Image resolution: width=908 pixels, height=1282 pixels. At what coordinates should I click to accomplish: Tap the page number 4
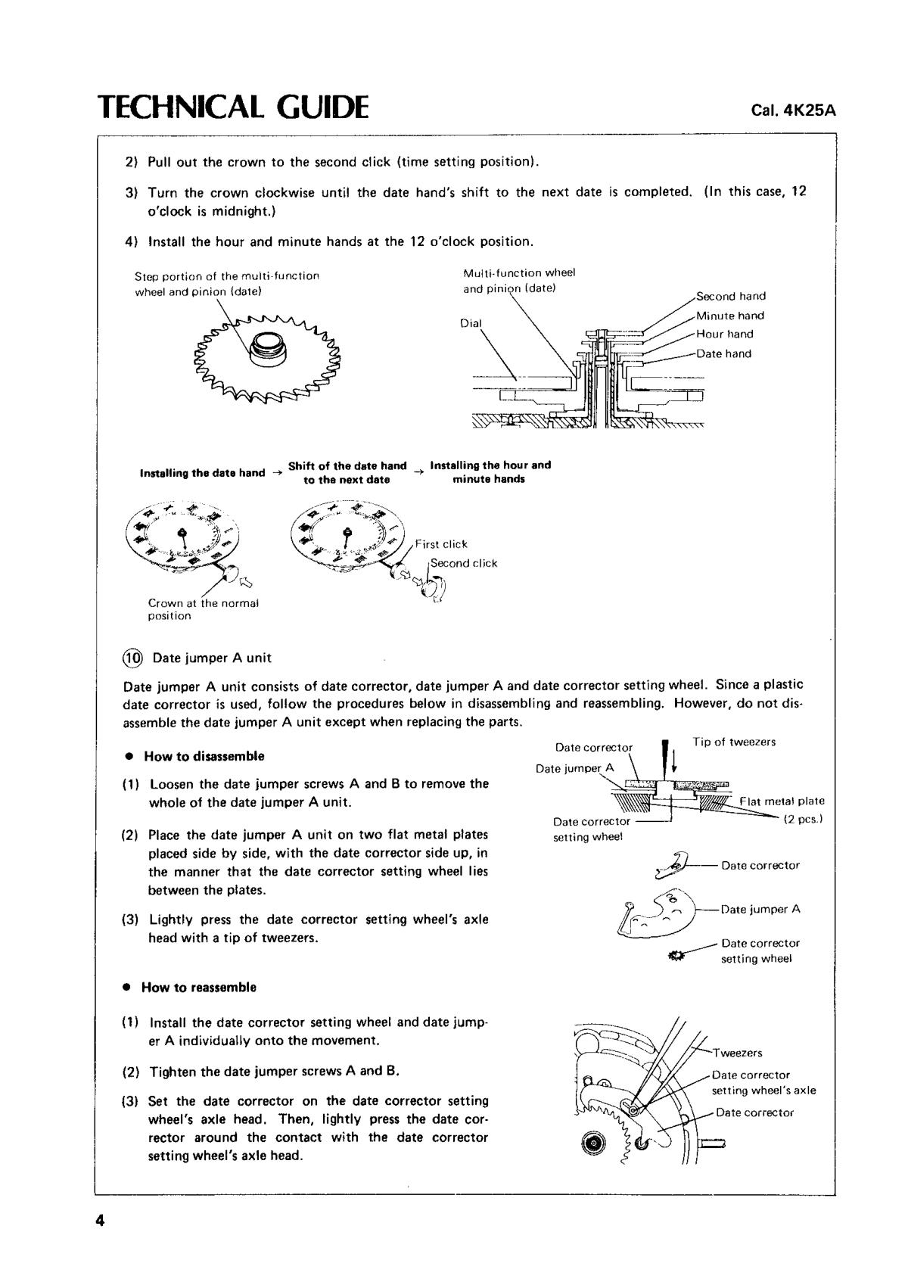(100, 1221)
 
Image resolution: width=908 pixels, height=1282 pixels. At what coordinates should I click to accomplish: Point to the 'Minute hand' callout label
(730, 316)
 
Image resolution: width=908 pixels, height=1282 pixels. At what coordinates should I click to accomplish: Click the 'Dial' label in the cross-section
(471, 323)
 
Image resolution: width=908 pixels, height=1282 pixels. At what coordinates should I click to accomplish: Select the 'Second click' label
(464, 563)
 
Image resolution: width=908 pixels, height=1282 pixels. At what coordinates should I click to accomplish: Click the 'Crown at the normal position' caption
(204, 609)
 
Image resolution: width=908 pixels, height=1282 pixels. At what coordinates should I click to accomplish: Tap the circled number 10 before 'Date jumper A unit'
(133, 658)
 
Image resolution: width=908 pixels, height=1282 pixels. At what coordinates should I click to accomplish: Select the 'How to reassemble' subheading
(199, 987)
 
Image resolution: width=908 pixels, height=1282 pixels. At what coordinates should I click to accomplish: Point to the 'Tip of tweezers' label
(734, 742)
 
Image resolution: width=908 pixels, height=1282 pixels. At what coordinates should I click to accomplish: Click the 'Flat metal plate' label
(782, 801)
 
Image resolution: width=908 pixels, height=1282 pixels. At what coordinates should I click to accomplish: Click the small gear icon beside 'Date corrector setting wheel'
(676, 957)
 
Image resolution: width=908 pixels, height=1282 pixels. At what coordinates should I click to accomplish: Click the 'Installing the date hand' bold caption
(202, 473)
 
